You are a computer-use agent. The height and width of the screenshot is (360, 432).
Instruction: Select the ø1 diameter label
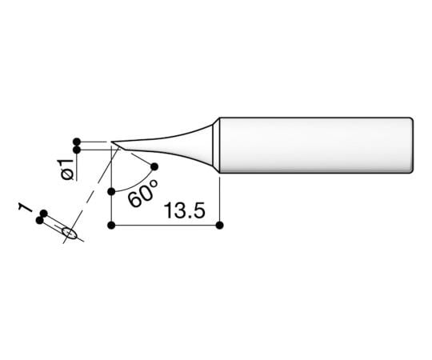tap(67, 169)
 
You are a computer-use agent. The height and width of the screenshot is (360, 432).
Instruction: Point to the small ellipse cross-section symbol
tap(70, 234)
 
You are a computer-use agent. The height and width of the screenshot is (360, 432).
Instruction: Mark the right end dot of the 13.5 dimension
tap(218, 226)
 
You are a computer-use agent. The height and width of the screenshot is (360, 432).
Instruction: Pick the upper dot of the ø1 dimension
tap(77, 138)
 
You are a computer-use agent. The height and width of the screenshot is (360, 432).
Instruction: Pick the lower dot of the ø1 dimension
tap(77, 149)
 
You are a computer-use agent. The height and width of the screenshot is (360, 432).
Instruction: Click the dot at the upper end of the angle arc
tap(154, 167)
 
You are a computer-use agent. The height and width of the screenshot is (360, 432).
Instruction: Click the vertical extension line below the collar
tap(218, 200)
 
